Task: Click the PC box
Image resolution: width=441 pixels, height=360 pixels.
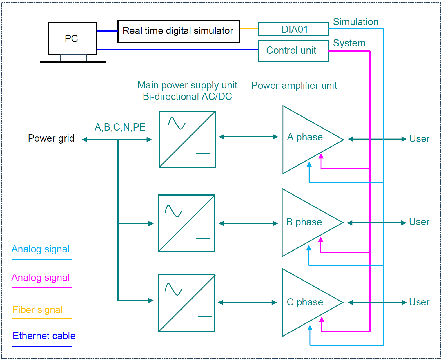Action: (72, 38)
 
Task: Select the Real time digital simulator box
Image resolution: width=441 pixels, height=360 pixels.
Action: (179, 31)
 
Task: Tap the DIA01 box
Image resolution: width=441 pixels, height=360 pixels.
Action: (293, 29)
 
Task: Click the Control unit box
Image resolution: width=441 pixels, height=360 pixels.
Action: (293, 50)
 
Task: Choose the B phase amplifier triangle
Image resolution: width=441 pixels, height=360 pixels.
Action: (304, 222)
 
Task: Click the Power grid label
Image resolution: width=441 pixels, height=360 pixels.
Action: (51, 138)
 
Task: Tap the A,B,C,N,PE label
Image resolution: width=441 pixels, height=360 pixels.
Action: (120, 127)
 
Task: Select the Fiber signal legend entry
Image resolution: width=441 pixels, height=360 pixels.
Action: (38, 310)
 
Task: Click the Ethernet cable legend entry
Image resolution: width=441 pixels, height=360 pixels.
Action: (44, 336)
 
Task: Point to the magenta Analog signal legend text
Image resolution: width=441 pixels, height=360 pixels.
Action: (41, 278)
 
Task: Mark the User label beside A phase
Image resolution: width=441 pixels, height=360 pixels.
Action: (419, 139)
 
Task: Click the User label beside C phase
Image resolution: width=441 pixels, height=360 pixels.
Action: (419, 302)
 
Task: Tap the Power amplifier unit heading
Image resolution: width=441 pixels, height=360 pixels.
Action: (294, 86)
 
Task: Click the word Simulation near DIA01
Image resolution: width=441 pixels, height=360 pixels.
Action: (355, 22)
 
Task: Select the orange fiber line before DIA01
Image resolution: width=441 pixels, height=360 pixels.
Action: (249, 29)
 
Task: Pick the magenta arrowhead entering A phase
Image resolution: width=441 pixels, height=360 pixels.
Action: (321, 156)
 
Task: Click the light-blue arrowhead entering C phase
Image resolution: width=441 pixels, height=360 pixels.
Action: (310, 328)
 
